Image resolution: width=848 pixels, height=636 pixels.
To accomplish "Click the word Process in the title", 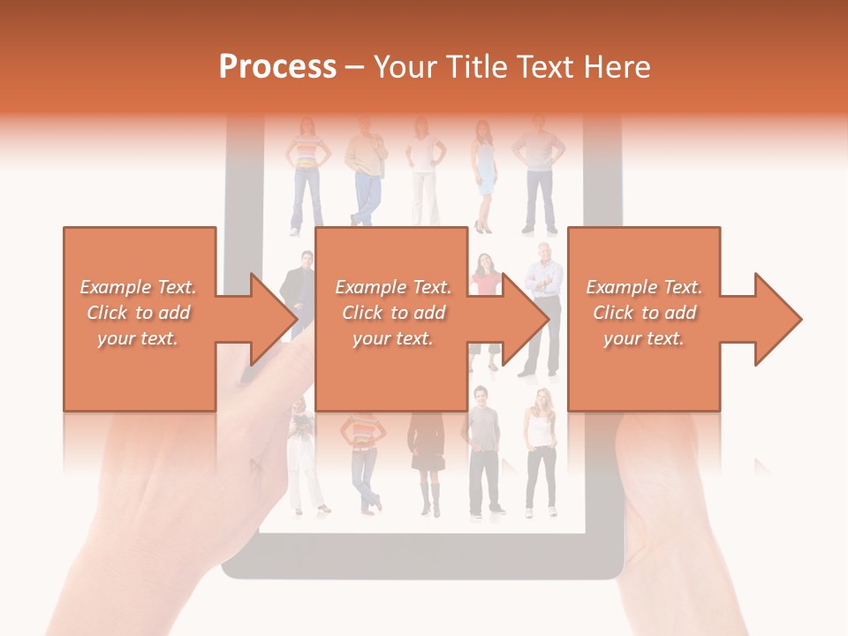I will tap(277, 67).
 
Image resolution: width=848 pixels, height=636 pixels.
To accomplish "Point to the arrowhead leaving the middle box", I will tap(525, 319).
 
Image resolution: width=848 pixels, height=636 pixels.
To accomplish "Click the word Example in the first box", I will tap(115, 287).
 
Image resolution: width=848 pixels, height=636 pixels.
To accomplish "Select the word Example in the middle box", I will tap(370, 287).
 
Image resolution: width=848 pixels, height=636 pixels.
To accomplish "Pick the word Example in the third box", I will tap(621, 287).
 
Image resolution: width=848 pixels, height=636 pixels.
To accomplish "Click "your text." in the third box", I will tap(643, 337).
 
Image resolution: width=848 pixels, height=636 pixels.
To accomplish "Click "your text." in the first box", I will tap(138, 337).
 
